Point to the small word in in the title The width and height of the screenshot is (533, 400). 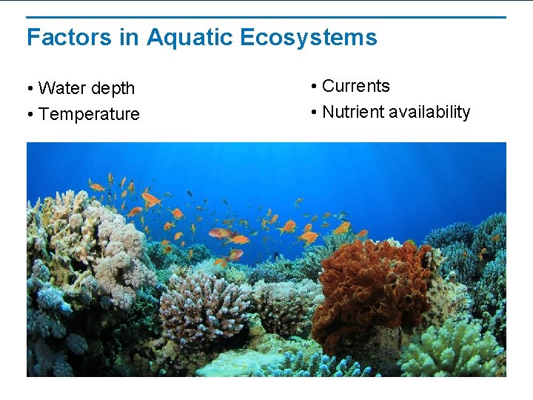point(129,37)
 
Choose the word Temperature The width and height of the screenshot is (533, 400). point(89,114)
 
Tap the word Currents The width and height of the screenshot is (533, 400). point(356,86)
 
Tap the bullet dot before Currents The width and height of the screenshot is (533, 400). point(314,87)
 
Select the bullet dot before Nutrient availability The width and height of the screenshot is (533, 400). point(314,113)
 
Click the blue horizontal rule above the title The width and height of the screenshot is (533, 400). point(266,17)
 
